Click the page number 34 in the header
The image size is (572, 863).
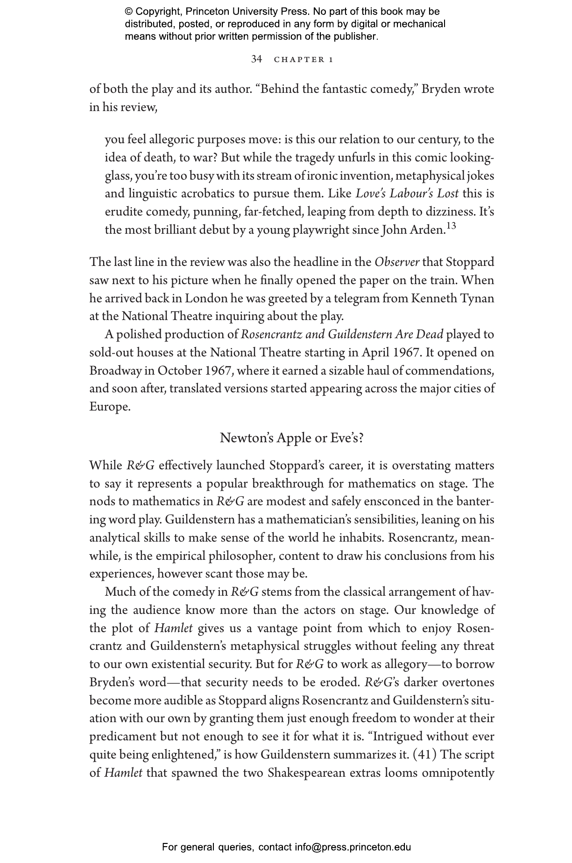pos(256,59)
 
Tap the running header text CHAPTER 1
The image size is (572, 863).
pos(304,60)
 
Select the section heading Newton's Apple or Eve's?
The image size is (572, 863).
pos(291,438)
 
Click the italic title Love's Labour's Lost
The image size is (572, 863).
pos(407,194)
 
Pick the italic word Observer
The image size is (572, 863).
pos(396,262)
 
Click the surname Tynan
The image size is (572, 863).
pos(477,299)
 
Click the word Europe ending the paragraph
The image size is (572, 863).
pos(110,407)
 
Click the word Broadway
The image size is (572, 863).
pos(115,371)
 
